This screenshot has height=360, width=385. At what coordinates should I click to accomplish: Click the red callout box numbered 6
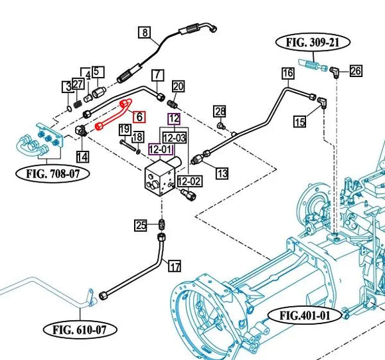pos(139,117)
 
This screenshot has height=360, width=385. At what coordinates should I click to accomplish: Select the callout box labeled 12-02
pos(190,181)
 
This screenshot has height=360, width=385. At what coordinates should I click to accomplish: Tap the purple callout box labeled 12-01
pos(161,149)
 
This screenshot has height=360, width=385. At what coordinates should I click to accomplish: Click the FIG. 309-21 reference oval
pos(313,43)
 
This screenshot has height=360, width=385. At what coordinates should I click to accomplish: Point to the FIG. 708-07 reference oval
pos(52,174)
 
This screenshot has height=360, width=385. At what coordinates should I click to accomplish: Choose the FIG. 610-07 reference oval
pos(80,329)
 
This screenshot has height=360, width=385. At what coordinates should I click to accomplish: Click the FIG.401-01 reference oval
pos(305,315)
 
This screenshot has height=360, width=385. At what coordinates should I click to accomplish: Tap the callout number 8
pos(145,32)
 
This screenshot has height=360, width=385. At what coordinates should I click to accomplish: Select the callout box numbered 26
pos(356,71)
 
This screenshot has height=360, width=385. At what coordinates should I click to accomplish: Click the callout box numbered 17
pos(175,266)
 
